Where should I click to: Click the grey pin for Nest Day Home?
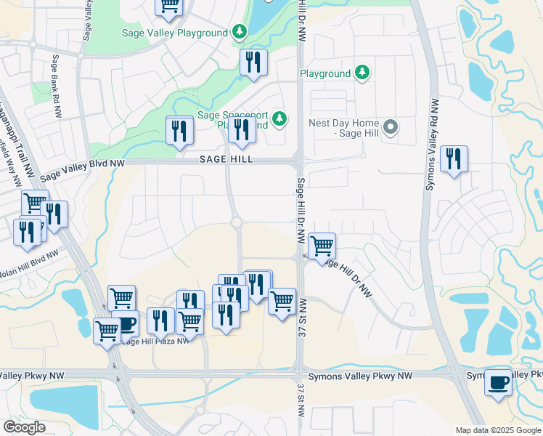coord(391,128)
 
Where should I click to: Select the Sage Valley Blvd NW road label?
coord(82,169)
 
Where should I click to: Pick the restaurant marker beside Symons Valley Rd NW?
coord(454,158)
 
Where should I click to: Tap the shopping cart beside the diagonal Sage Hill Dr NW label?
coord(322,245)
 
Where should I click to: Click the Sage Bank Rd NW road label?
coord(55,86)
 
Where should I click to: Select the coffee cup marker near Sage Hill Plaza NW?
coord(126,323)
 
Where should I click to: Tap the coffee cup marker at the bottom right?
coord(498,381)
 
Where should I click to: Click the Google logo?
coord(24,427)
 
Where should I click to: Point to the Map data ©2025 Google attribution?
coord(497,430)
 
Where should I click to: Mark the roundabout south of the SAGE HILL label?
coord(237,222)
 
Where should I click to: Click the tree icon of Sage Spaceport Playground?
coord(277,118)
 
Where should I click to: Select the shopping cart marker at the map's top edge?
coord(168,6)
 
